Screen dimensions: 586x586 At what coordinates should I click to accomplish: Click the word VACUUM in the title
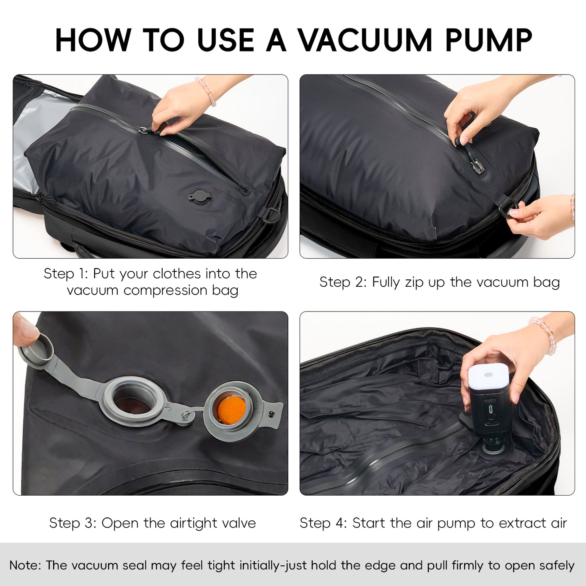pos(365,41)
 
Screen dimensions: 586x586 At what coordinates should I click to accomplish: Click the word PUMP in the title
pos(488,41)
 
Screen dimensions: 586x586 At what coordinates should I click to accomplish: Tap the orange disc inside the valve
pos(232,409)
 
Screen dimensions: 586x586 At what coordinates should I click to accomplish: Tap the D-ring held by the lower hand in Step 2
pos(507,206)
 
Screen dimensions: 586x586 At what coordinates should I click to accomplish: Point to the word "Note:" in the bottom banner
pos(25,565)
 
